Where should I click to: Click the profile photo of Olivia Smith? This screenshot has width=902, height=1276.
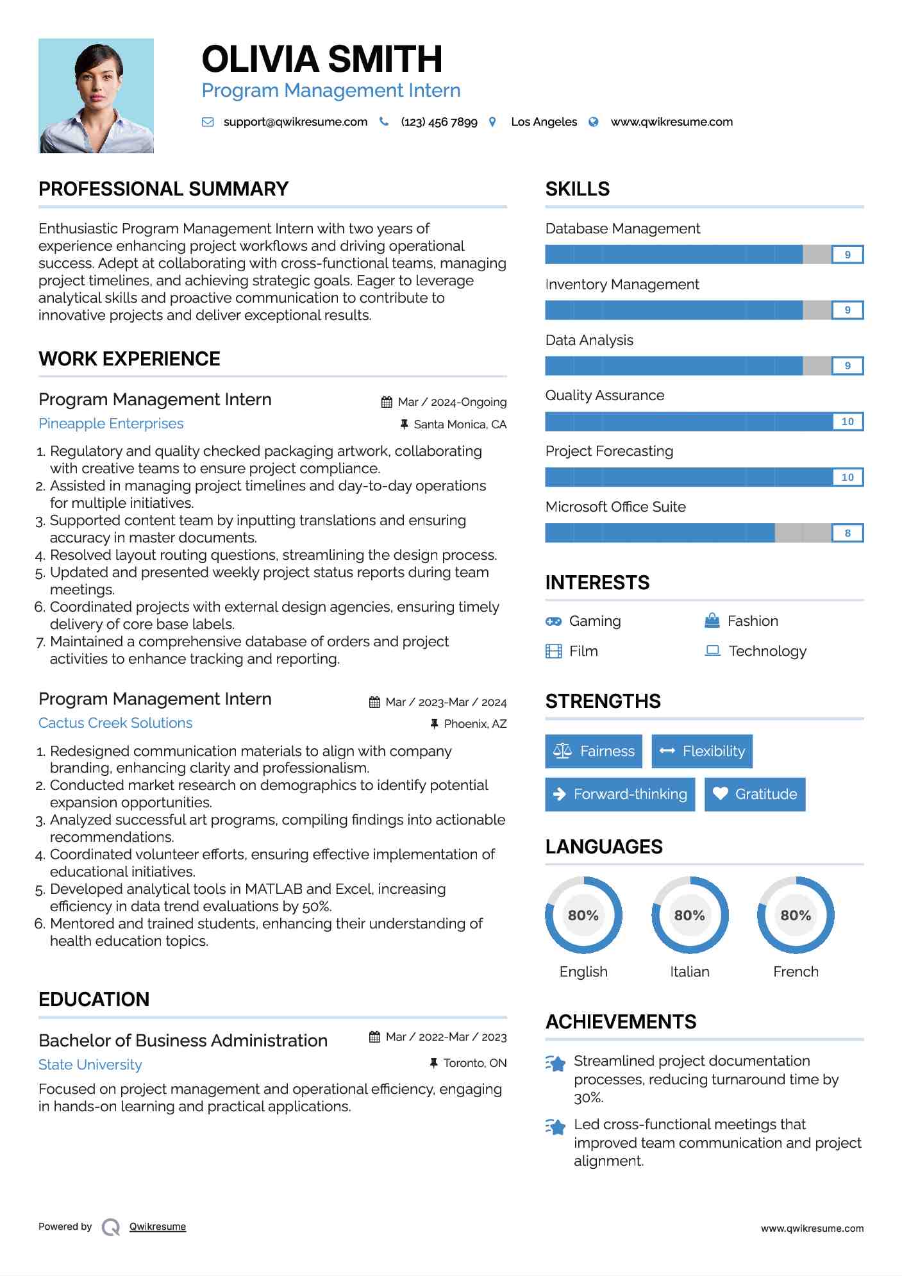96,96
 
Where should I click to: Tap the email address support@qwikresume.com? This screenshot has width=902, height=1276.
295,122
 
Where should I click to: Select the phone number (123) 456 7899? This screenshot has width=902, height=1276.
439,122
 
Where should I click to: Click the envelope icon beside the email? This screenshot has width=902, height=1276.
208,122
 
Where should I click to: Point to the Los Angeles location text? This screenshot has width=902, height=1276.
544,122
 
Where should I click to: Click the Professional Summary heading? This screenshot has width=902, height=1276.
163,189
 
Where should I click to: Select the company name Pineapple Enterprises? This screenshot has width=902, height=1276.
111,424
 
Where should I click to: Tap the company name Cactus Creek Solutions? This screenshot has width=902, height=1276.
115,723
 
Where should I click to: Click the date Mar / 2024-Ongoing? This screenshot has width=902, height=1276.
452,402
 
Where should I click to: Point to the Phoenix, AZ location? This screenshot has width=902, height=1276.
475,724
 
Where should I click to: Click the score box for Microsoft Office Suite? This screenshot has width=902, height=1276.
848,533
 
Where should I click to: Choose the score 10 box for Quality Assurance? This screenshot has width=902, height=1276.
848,421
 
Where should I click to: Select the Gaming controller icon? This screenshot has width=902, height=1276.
553,621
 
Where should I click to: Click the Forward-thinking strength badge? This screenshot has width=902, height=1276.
620,794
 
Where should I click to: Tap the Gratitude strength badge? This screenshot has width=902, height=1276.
755,794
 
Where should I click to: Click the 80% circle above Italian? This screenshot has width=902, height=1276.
690,915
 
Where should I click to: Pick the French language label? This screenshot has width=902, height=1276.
796,972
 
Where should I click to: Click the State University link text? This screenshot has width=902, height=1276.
90,1065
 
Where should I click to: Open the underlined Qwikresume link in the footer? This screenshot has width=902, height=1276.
158,1227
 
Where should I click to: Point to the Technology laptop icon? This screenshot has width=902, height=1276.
712,651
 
